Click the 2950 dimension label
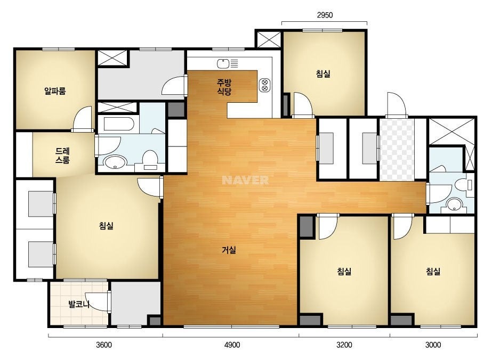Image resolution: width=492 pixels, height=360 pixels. coord(325,15)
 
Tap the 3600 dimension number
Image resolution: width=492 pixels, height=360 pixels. coord(104,345)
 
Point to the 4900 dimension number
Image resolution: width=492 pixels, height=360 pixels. coord(232,345)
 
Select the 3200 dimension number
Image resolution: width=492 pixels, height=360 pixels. coord(344,345)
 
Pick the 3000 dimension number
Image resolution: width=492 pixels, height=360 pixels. coord(433,345)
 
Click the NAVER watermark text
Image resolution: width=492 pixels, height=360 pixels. coord(245,180)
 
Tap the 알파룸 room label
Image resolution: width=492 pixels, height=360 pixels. coord(55,91)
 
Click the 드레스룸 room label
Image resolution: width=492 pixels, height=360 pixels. coord(62,156)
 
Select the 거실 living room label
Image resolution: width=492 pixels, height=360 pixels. coord(229,250)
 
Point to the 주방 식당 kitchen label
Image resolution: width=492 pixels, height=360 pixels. coord(224,87)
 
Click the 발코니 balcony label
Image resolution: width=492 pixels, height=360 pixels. coord(79,304)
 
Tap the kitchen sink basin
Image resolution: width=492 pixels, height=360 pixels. coord(223,64)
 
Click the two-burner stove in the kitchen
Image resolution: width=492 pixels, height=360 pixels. coord(264,85)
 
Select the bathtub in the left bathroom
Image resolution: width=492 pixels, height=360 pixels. coord(119,125)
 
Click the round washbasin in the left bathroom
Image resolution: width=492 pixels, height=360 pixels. coord(115,162)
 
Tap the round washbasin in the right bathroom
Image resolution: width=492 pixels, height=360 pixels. coord(453,204)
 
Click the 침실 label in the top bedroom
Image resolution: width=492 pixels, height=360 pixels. coord(323,74)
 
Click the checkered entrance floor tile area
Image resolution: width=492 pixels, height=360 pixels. coord(397,149)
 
